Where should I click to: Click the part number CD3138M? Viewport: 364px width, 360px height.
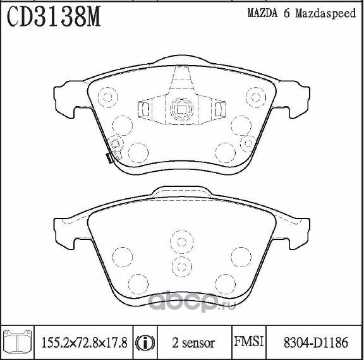54,16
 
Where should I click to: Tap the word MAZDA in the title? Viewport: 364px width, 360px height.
262,13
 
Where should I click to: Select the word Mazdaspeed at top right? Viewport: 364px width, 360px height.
325,13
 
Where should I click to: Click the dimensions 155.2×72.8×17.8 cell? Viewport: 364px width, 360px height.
84,343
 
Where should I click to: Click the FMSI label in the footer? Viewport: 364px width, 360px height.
249,342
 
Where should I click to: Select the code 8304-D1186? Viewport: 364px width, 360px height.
316,342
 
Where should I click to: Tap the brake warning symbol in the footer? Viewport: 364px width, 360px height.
145,343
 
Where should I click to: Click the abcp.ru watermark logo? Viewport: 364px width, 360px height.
192,302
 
